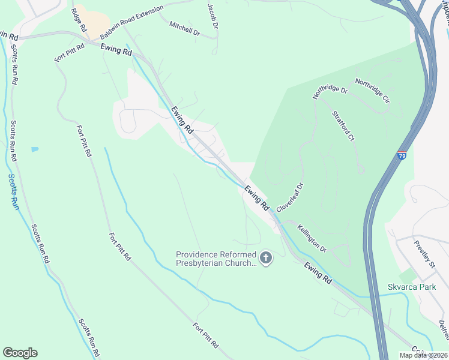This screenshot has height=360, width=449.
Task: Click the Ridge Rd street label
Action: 79,20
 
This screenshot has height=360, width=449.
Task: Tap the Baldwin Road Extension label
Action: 131,23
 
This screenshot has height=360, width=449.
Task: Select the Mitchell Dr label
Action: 184,28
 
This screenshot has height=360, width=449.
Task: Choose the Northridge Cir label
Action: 372,90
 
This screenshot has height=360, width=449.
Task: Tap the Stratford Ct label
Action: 343,126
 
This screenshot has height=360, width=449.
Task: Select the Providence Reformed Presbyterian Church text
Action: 216,259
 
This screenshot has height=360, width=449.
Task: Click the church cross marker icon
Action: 266,259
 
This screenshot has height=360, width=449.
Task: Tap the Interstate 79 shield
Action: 402,156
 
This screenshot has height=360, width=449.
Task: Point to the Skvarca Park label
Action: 412,287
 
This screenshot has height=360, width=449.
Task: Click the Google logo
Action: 20,353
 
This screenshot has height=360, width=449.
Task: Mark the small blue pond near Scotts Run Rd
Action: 35,149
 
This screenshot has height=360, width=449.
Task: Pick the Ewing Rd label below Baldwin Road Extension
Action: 116,52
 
